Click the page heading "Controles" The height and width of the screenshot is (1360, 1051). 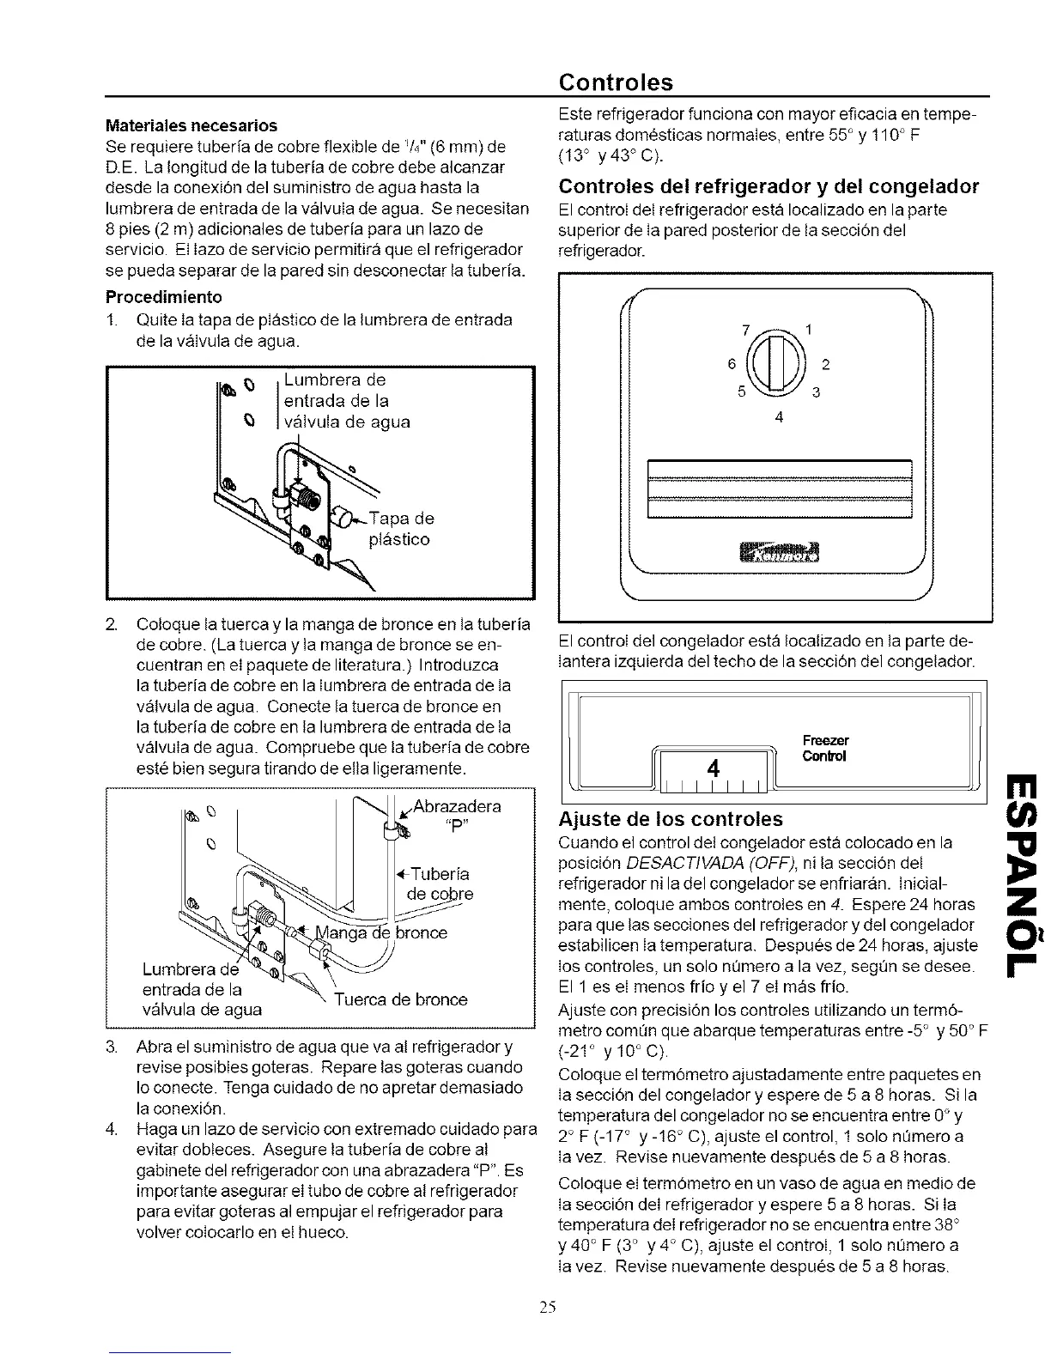coord(615,82)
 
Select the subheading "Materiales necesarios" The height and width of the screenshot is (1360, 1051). coord(191,125)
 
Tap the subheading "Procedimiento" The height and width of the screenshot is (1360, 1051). coord(163,297)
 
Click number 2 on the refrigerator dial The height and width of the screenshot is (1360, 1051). coord(825,364)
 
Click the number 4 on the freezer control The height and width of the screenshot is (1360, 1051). coord(712,765)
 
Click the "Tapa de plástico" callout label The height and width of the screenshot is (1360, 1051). coord(400,529)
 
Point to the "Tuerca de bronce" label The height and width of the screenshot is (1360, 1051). coord(400,999)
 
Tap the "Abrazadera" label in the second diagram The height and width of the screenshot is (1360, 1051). coord(458,806)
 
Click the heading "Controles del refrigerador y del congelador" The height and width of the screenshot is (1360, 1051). coord(769,186)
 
